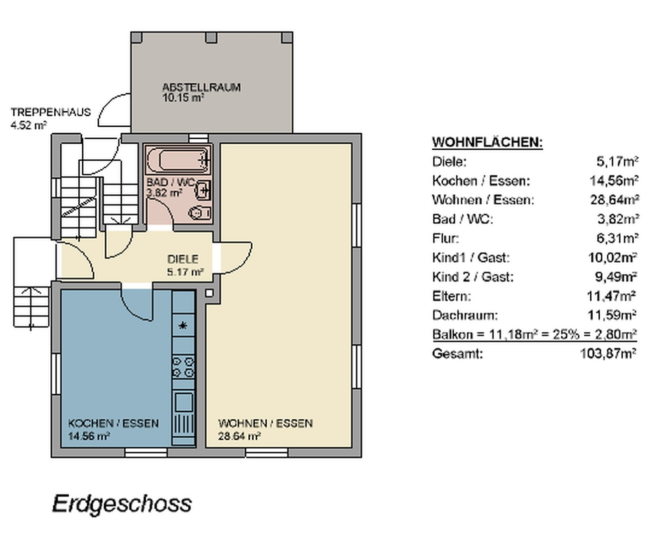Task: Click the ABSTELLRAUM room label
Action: (201, 87)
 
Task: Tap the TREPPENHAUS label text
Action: (50, 112)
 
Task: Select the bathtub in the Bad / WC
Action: (178, 160)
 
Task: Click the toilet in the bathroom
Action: (199, 213)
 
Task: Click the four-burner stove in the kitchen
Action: (183, 367)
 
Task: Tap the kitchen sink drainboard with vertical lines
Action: (183, 424)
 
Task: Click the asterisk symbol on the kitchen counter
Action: (182, 326)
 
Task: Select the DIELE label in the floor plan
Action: (183, 259)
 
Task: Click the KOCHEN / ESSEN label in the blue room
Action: (113, 423)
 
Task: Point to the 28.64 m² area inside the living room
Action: (239, 436)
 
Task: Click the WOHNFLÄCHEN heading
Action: (488, 142)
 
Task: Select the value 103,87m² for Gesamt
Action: (608, 354)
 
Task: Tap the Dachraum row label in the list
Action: (465, 315)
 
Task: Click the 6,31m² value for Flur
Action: (617, 239)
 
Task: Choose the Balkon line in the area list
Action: (534, 334)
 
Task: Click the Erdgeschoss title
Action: (122, 504)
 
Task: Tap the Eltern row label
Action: (452, 296)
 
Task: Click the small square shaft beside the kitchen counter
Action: (209, 293)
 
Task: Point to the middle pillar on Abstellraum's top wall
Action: (211, 37)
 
